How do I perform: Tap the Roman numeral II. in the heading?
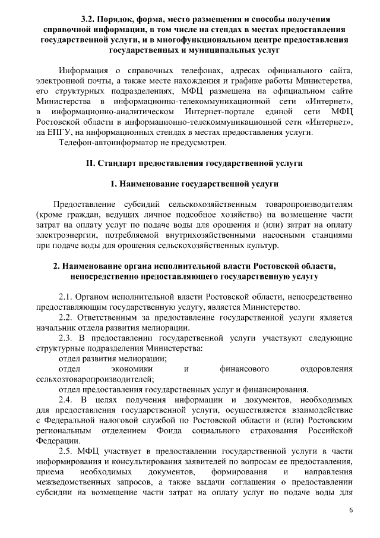pyautogui.click(x=91, y=162)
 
